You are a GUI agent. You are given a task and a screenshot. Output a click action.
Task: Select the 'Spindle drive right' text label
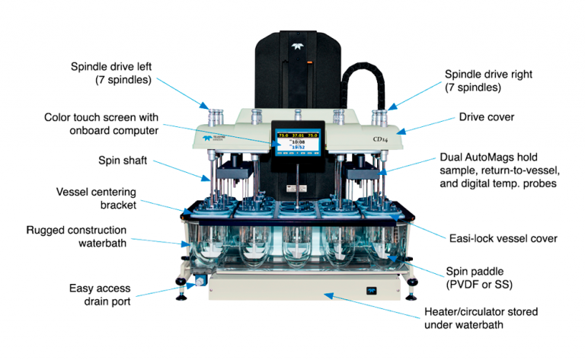point(487,74)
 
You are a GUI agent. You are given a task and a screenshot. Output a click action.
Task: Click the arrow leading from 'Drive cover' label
point(426,126)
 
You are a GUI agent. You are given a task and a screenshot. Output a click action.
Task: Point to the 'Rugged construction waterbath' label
point(84,236)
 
